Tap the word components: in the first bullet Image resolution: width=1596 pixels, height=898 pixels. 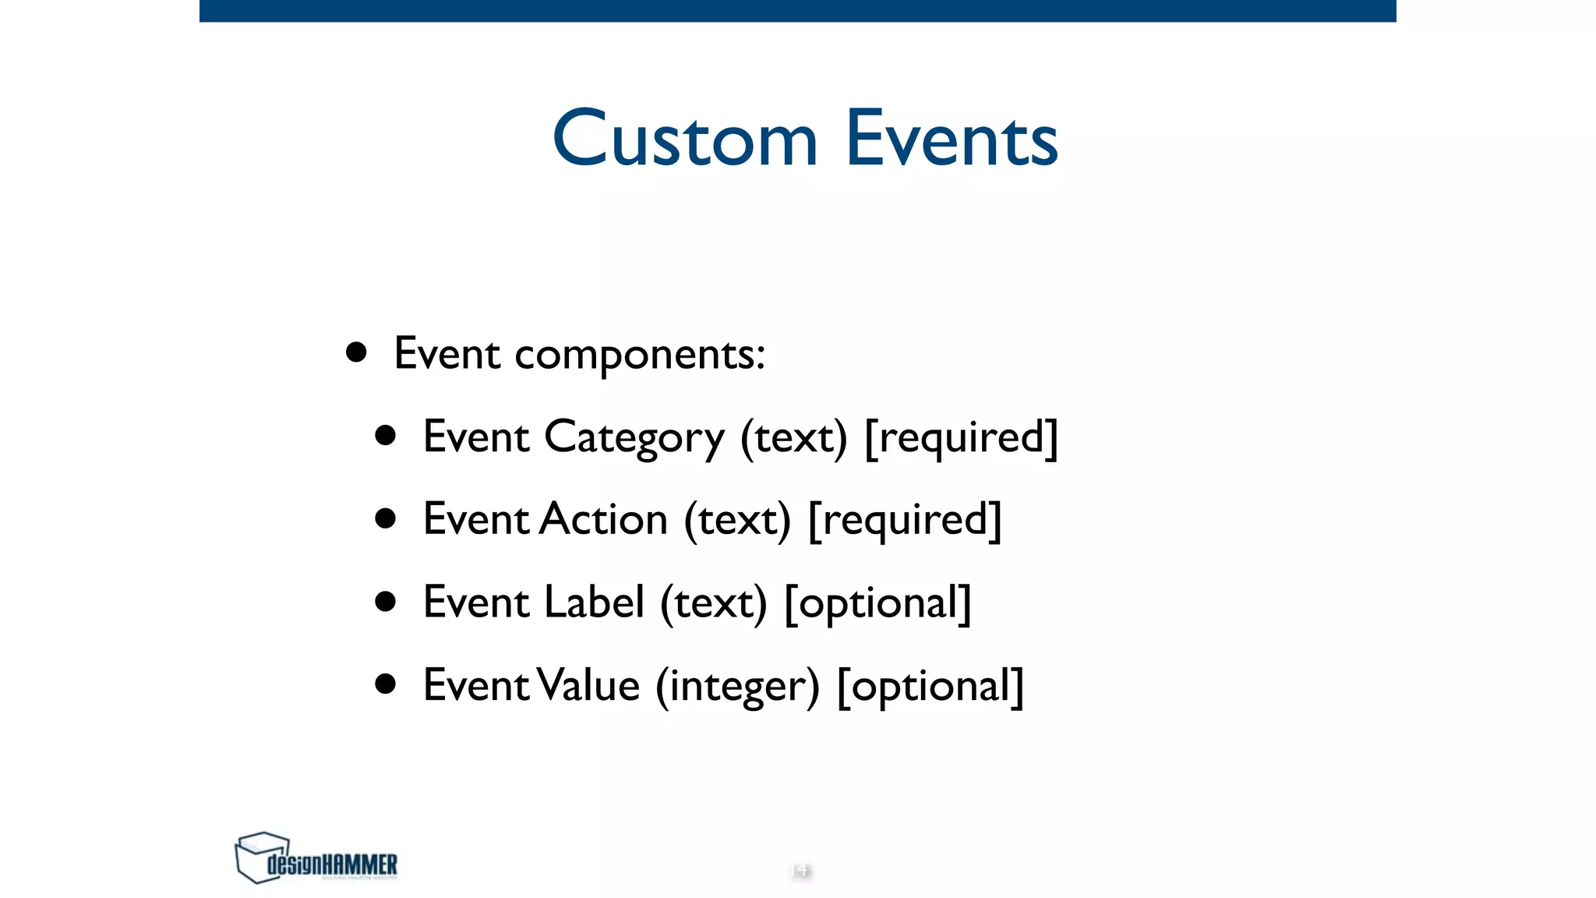tap(640, 355)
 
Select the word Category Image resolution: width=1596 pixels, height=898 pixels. tap(634, 437)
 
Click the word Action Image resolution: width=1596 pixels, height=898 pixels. tap(604, 519)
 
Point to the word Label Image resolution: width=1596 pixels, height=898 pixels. tap(594, 603)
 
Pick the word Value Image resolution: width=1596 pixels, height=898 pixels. tap(589, 685)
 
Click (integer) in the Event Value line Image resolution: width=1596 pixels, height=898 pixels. tap(737, 686)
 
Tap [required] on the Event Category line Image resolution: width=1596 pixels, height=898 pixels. tap(961, 437)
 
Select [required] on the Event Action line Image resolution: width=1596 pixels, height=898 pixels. tap(905, 520)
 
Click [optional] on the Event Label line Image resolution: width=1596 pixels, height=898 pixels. tap(877, 603)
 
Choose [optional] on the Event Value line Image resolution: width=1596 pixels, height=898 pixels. tap(930, 686)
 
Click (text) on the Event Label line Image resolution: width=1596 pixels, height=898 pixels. tap(713, 603)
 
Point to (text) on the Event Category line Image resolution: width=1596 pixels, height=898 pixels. tap(793, 437)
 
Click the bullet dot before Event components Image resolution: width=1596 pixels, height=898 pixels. tap(356, 352)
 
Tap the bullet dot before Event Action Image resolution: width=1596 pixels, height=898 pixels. tap(385, 518)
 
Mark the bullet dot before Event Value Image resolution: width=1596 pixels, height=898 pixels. tap(385, 684)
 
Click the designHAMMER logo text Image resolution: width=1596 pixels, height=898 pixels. tap(333, 864)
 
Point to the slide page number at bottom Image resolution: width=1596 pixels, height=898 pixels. tap(800, 869)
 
